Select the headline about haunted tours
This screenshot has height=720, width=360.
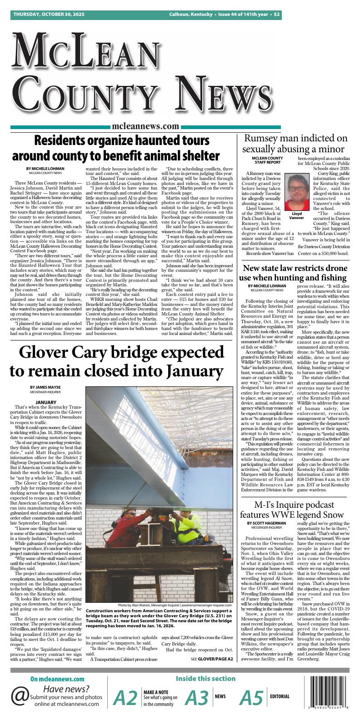115,148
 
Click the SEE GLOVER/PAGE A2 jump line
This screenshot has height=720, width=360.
212,659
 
